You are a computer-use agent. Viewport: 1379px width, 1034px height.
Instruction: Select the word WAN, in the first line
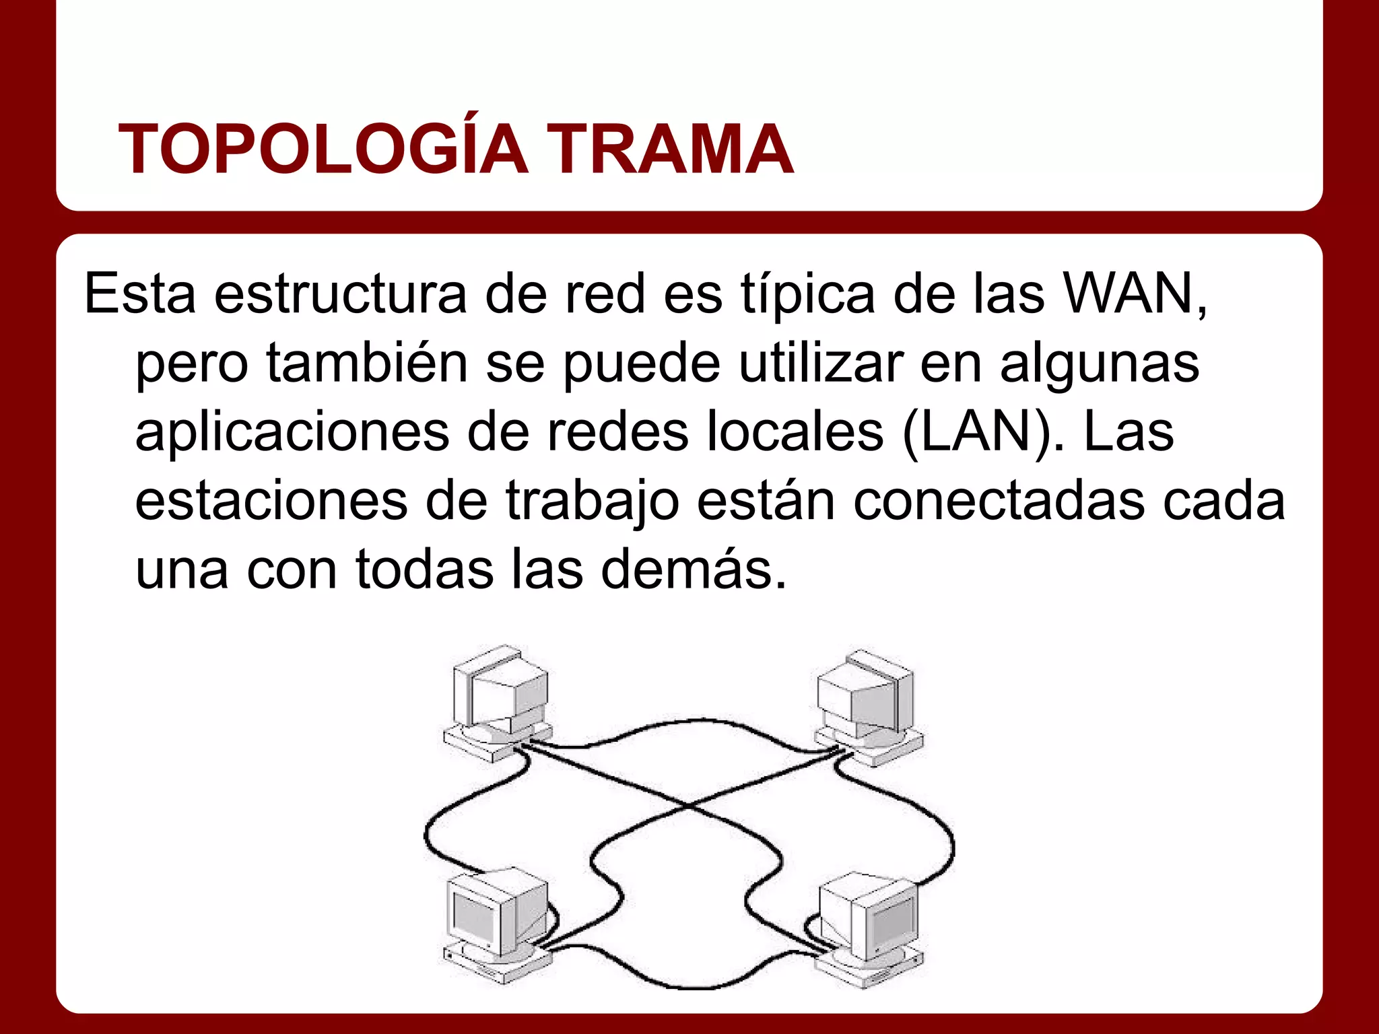tap(1135, 295)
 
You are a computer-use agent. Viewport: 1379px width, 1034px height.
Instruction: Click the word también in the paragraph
tap(367, 364)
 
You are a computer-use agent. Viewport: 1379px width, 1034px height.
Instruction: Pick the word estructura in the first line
tap(340, 295)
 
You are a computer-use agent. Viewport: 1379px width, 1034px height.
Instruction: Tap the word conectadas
tap(999, 502)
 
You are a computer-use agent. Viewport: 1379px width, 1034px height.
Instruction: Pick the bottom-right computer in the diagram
tap(869, 929)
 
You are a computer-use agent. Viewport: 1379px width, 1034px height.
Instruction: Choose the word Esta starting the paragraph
tap(140, 295)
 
